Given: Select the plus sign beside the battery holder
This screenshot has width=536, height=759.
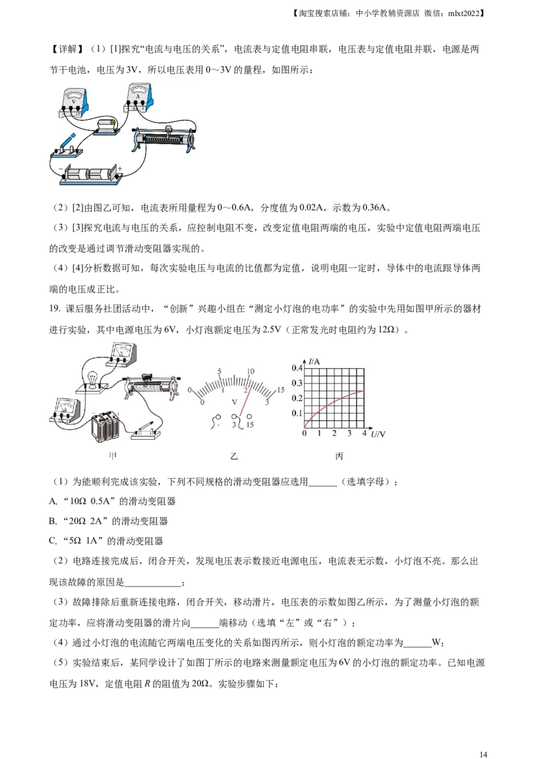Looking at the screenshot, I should point(120,168).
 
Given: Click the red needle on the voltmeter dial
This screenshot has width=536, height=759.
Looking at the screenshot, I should point(246,402).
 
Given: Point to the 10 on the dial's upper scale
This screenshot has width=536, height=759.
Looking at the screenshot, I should point(251,371).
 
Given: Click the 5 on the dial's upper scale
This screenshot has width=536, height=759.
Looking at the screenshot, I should point(219,371).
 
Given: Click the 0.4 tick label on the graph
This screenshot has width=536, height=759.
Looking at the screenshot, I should point(295,368).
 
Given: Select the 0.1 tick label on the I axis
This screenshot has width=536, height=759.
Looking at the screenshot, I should point(295,413).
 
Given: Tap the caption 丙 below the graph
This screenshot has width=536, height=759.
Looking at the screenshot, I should point(340,456).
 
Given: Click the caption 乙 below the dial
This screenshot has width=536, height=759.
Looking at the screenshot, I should point(234,456).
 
